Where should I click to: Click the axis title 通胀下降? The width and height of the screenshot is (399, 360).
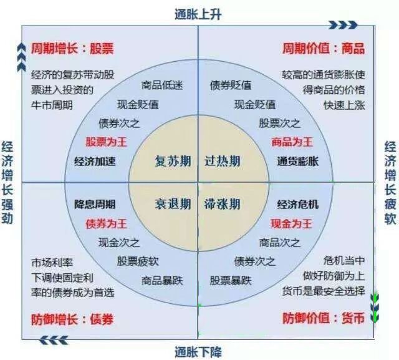point(199,350)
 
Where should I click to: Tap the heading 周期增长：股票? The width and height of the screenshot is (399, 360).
point(74,48)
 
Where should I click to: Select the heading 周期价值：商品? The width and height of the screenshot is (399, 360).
point(324,48)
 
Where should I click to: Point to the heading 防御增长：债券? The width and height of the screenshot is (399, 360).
point(72,319)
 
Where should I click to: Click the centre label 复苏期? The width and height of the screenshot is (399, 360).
point(173,162)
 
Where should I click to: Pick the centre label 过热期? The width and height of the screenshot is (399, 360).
point(223,162)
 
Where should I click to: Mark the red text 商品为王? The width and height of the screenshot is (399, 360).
point(291,142)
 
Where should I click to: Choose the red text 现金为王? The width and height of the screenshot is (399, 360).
point(291,223)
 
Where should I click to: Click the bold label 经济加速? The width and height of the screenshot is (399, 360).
point(95,161)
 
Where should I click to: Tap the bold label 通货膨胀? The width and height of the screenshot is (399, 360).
point(297,161)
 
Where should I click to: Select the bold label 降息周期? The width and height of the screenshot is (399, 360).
point(95,204)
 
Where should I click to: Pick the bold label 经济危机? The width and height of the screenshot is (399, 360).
point(297,204)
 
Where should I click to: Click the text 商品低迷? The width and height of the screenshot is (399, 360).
point(161,85)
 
